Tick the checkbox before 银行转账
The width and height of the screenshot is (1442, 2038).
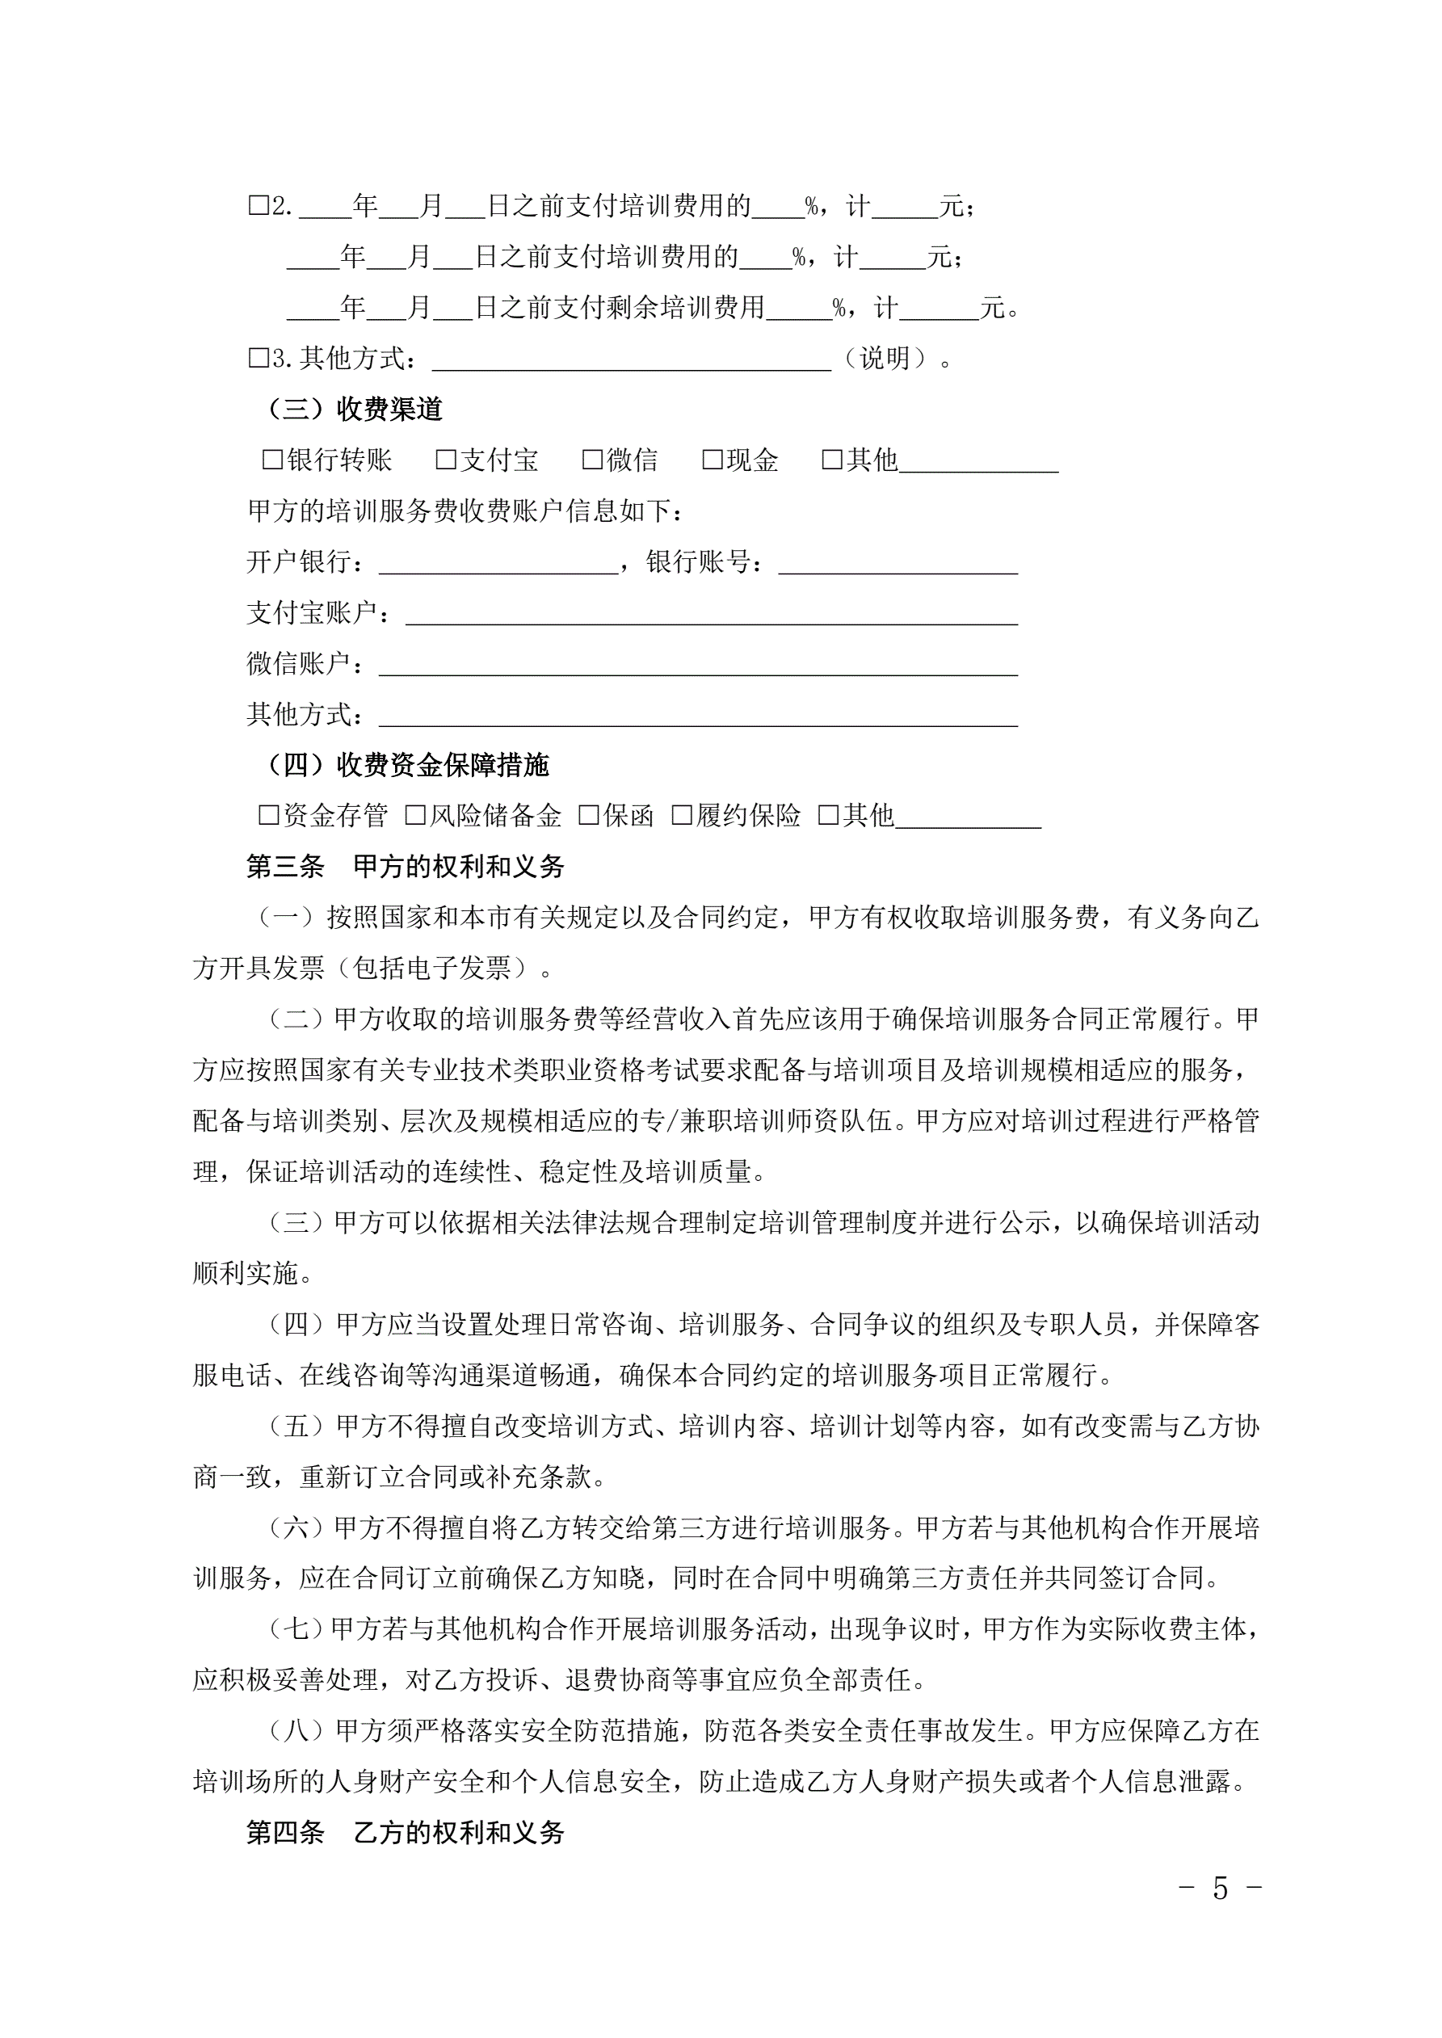[272, 460]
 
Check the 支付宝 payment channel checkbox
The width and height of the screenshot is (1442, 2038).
[446, 460]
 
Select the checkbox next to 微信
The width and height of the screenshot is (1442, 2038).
[592, 460]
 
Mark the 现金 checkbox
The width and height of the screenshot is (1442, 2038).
[713, 460]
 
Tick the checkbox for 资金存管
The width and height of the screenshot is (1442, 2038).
[268, 815]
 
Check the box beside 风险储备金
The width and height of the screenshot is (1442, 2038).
[414, 815]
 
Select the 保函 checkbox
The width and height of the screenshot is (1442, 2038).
[588, 815]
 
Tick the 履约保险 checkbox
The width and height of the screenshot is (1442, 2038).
[681, 815]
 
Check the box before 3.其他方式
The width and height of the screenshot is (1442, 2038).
[259, 358]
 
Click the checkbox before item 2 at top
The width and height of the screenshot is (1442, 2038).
[259, 206]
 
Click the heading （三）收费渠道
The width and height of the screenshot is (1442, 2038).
[353, 410]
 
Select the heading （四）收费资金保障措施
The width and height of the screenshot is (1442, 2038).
[406, 764]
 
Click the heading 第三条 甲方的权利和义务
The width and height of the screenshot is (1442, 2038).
[405, 866]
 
